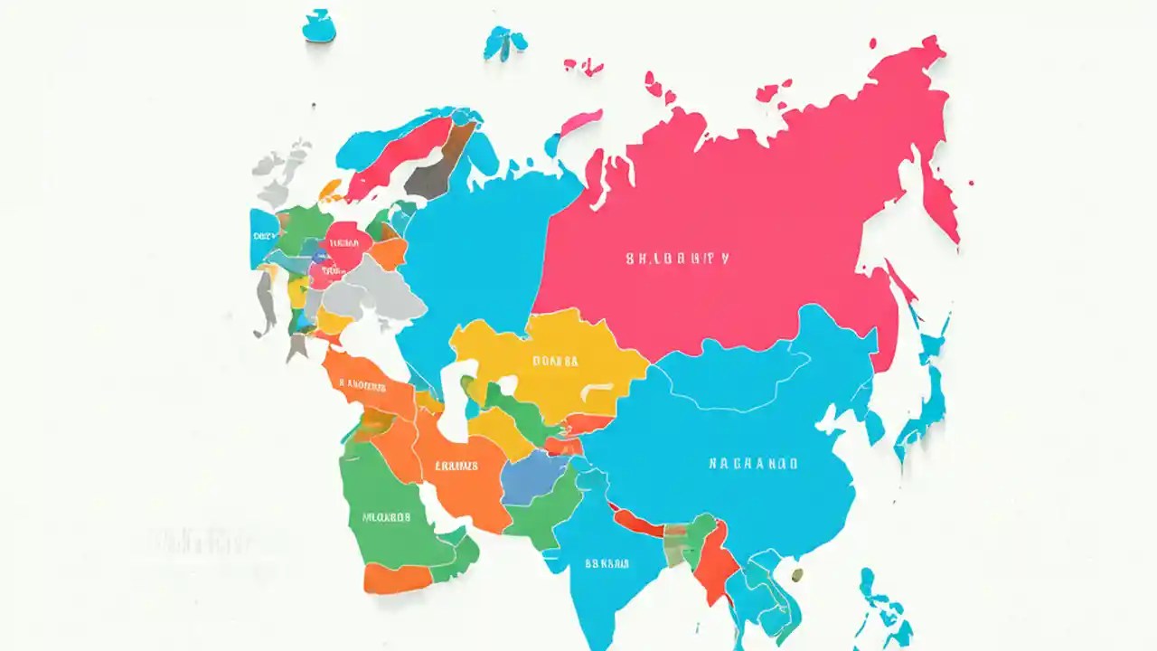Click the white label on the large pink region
coord(677,259)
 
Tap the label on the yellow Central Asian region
coord(554,361)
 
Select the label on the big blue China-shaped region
coord(752,463)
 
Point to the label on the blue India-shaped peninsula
coord(607,563)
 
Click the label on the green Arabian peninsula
coord(387,518)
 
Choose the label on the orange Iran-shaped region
coord(456,467)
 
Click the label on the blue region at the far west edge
coord(263,235)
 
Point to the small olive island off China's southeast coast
coord(796,573)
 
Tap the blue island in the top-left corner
coord(318,27)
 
